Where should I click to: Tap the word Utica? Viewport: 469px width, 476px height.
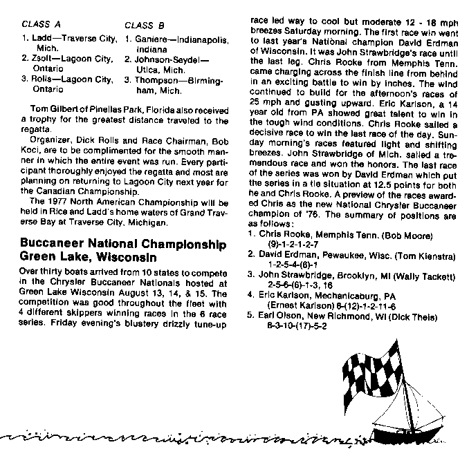pyautogui.click(x=146, y=70)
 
